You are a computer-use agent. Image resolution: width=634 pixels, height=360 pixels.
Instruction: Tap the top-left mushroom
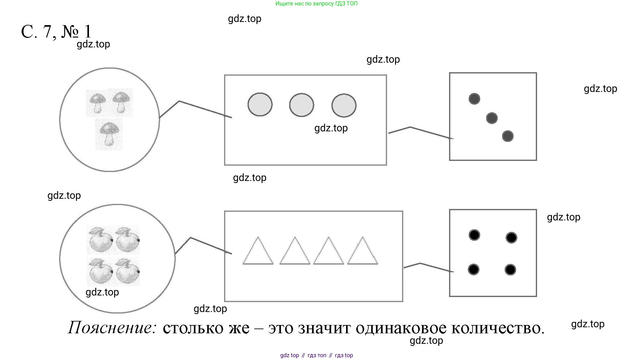tap(98, 102)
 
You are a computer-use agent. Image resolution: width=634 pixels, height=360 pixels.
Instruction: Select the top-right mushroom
tap(121, 102)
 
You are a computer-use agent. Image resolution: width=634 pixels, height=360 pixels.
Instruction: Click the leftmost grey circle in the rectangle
tap(260, 104)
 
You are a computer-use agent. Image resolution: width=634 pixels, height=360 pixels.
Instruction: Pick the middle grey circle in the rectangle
tap(302, 105)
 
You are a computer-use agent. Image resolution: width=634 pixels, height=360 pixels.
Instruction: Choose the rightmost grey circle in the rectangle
tap(344, 105)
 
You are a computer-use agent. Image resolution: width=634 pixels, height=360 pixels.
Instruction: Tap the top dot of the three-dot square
tap(474, 99)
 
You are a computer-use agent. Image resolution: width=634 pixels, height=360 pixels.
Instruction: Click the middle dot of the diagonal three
tap(492, 118)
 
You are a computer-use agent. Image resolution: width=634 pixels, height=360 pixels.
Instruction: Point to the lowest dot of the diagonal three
tap(508, 136)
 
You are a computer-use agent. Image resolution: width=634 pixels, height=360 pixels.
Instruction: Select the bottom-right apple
tap(127, 271)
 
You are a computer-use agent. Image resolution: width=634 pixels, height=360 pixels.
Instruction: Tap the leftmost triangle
tap(258, 252)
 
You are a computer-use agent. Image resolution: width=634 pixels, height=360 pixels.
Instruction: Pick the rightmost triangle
tap(363, 252)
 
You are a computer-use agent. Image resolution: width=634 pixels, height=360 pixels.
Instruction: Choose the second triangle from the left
tap(295, 252)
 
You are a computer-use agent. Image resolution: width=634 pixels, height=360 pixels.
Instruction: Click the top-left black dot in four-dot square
tap(474, 235)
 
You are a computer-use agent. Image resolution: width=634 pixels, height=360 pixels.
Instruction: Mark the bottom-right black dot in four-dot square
tap(510, 270)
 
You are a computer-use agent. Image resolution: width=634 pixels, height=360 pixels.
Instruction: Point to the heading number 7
tap(47, 32)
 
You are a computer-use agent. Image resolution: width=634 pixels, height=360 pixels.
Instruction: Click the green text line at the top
tap(317, 4)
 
